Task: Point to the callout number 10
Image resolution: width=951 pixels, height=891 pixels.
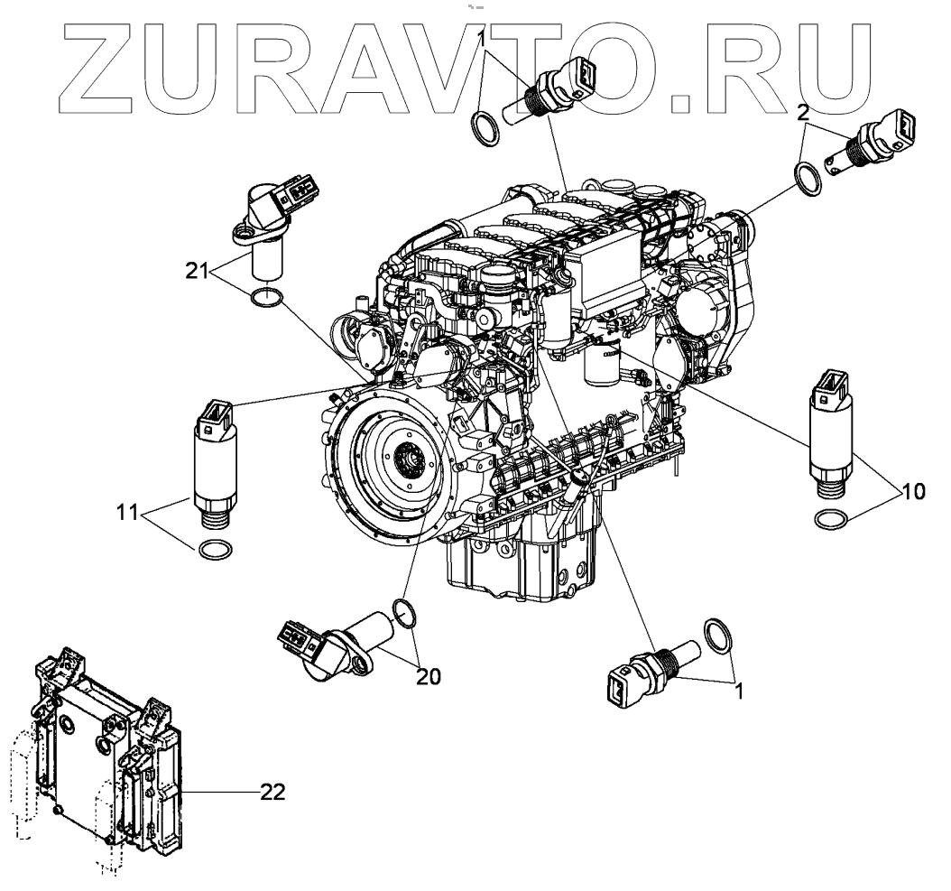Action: [912, 492]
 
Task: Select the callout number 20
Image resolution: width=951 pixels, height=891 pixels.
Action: [429, 675]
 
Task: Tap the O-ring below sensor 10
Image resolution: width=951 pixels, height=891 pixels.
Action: [831, 521]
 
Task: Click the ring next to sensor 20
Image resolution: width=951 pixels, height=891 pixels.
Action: [408, 612]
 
